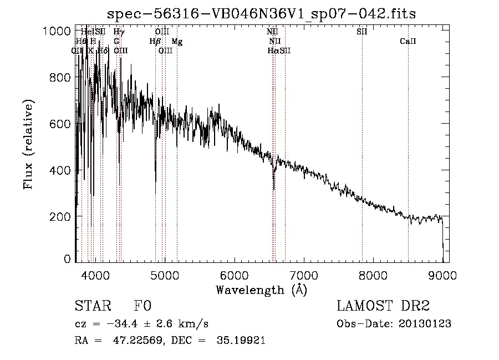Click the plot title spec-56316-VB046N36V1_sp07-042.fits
tap(261, 13)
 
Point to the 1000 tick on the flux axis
tap(58, 31)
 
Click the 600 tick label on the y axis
tap(58, 124)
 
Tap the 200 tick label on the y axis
tap(58, 216)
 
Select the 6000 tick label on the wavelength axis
tap(234, 275)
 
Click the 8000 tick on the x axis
tap(373, 275)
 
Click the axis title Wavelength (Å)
tap(261, 290)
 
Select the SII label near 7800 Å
tap(361, 32)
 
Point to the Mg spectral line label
tap(177, 41)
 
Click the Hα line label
tap(273, 50)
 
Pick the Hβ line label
tap(155, 41)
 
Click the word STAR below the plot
tap(92, 307)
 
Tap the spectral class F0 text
tap(143, 307)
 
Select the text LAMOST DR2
tap(383, 307)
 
